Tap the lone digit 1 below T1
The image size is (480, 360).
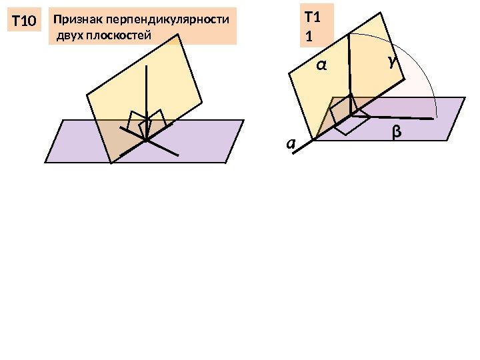tap(308, 39)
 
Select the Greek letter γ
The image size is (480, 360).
tap(391, 62)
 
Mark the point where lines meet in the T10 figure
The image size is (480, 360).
tap(146, 141)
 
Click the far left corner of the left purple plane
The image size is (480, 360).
tap(45, 162)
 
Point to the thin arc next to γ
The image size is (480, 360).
tap(420, 70)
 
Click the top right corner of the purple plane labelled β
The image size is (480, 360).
tap(465, 98)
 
